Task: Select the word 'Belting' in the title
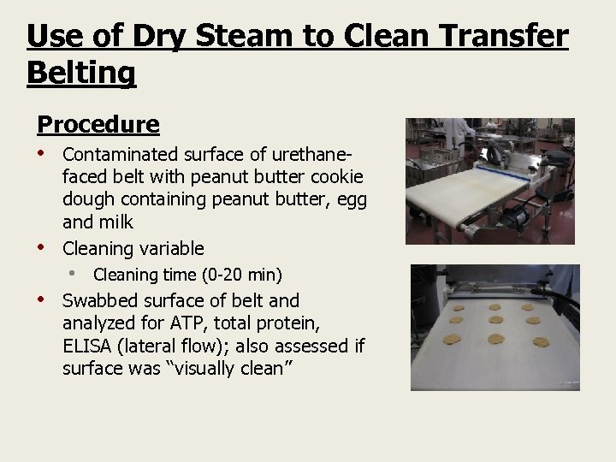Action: tap(81, 73)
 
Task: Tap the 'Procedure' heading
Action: tap(98, 125)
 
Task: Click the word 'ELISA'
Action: tap(89, 346)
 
